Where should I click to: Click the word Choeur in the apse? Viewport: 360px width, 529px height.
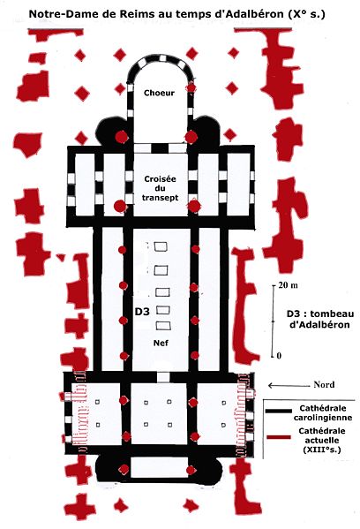pos(159,93)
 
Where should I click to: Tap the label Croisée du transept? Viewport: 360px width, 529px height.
pos(160,188)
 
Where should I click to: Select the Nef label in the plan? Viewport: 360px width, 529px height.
pos(161,343)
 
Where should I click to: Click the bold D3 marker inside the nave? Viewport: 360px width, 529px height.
pos(142,312)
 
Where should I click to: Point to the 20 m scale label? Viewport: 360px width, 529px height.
pos(289,285)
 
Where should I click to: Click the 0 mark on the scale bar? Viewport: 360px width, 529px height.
pos(279,356)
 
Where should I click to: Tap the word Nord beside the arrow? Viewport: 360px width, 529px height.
pos(324,384)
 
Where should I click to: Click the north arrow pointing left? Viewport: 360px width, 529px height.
pos(289,385)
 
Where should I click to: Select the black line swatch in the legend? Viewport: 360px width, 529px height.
pos(279,411)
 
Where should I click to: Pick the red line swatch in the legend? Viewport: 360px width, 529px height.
pos(279,437)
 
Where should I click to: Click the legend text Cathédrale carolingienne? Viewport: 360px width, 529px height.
pos(323,412)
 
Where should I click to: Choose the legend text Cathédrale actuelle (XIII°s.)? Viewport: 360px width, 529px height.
pos(321,441)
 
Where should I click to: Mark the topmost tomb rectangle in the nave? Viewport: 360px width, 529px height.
pos(161,246)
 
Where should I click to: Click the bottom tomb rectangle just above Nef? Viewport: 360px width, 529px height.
pos(163,326)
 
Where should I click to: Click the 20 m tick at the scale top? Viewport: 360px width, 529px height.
pos(274,285)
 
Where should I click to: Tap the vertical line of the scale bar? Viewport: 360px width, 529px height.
pos(273,321)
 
